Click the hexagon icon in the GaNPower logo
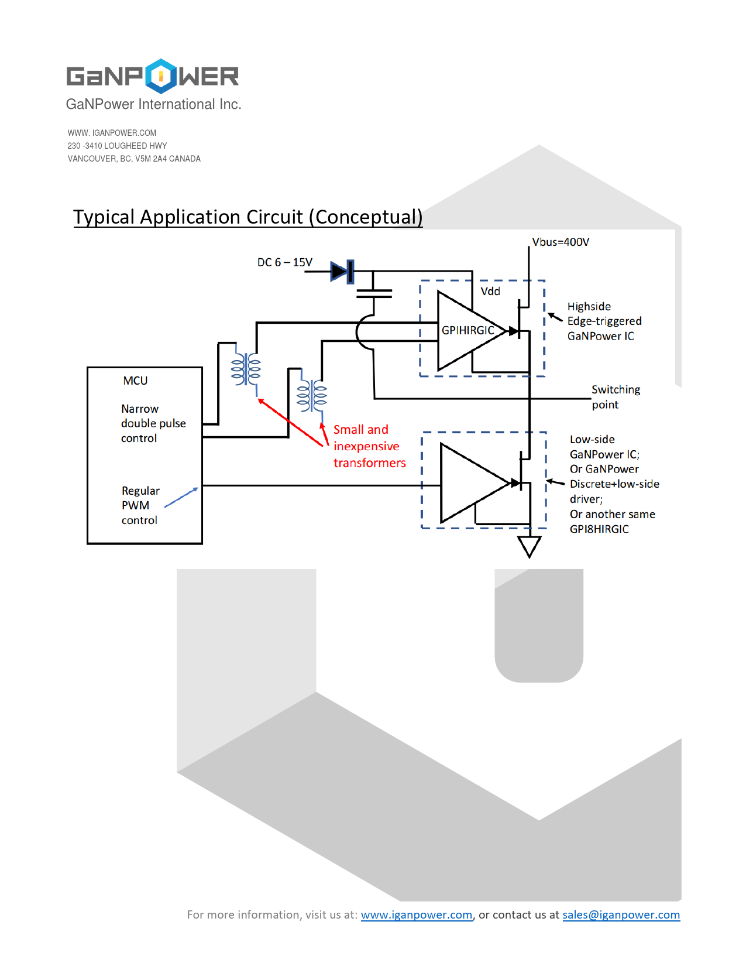tap(160, 76)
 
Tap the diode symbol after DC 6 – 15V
tap(343, 272)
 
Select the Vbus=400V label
tap(561, 242)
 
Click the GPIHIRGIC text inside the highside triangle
tap(467, 331)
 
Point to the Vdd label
tap(490, 292)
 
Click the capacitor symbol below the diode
tap(374, 293)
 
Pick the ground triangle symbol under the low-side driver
tap(529, 546)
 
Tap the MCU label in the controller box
tap(135, 381)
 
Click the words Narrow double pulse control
tap(153, 423)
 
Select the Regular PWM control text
tap(140, 505)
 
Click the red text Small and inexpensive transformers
tap(369, 446)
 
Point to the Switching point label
tap(616, 397)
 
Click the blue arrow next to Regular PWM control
tap(181, 498)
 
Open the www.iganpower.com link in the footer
tap(416, 915)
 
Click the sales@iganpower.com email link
tap(621, 915)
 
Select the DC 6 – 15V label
tap(285, 262)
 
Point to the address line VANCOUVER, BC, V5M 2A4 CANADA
tap(134, 159)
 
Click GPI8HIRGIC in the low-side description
tap(599, 529)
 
